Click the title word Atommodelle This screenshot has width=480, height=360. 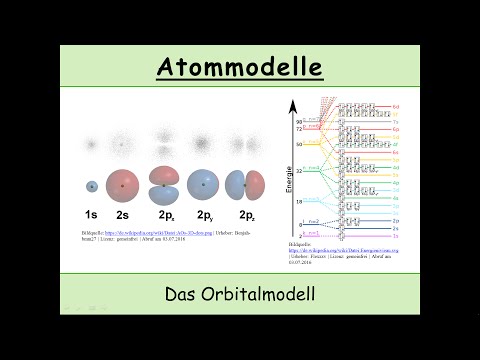[240, 67]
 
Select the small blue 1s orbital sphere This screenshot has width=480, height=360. [91, 186]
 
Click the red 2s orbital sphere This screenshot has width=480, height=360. [123, 185]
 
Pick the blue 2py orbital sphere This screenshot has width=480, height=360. [204, 185]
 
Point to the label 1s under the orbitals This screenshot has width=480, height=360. [91, 215]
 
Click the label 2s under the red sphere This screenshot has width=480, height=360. [123, 215]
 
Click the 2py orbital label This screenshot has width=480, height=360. [205, 215]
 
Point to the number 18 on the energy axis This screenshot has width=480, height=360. [299, 201]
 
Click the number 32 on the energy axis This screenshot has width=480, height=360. [299, 171]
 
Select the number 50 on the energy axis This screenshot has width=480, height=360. [299, 144]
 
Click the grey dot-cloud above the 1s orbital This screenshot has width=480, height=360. [91, 146]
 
